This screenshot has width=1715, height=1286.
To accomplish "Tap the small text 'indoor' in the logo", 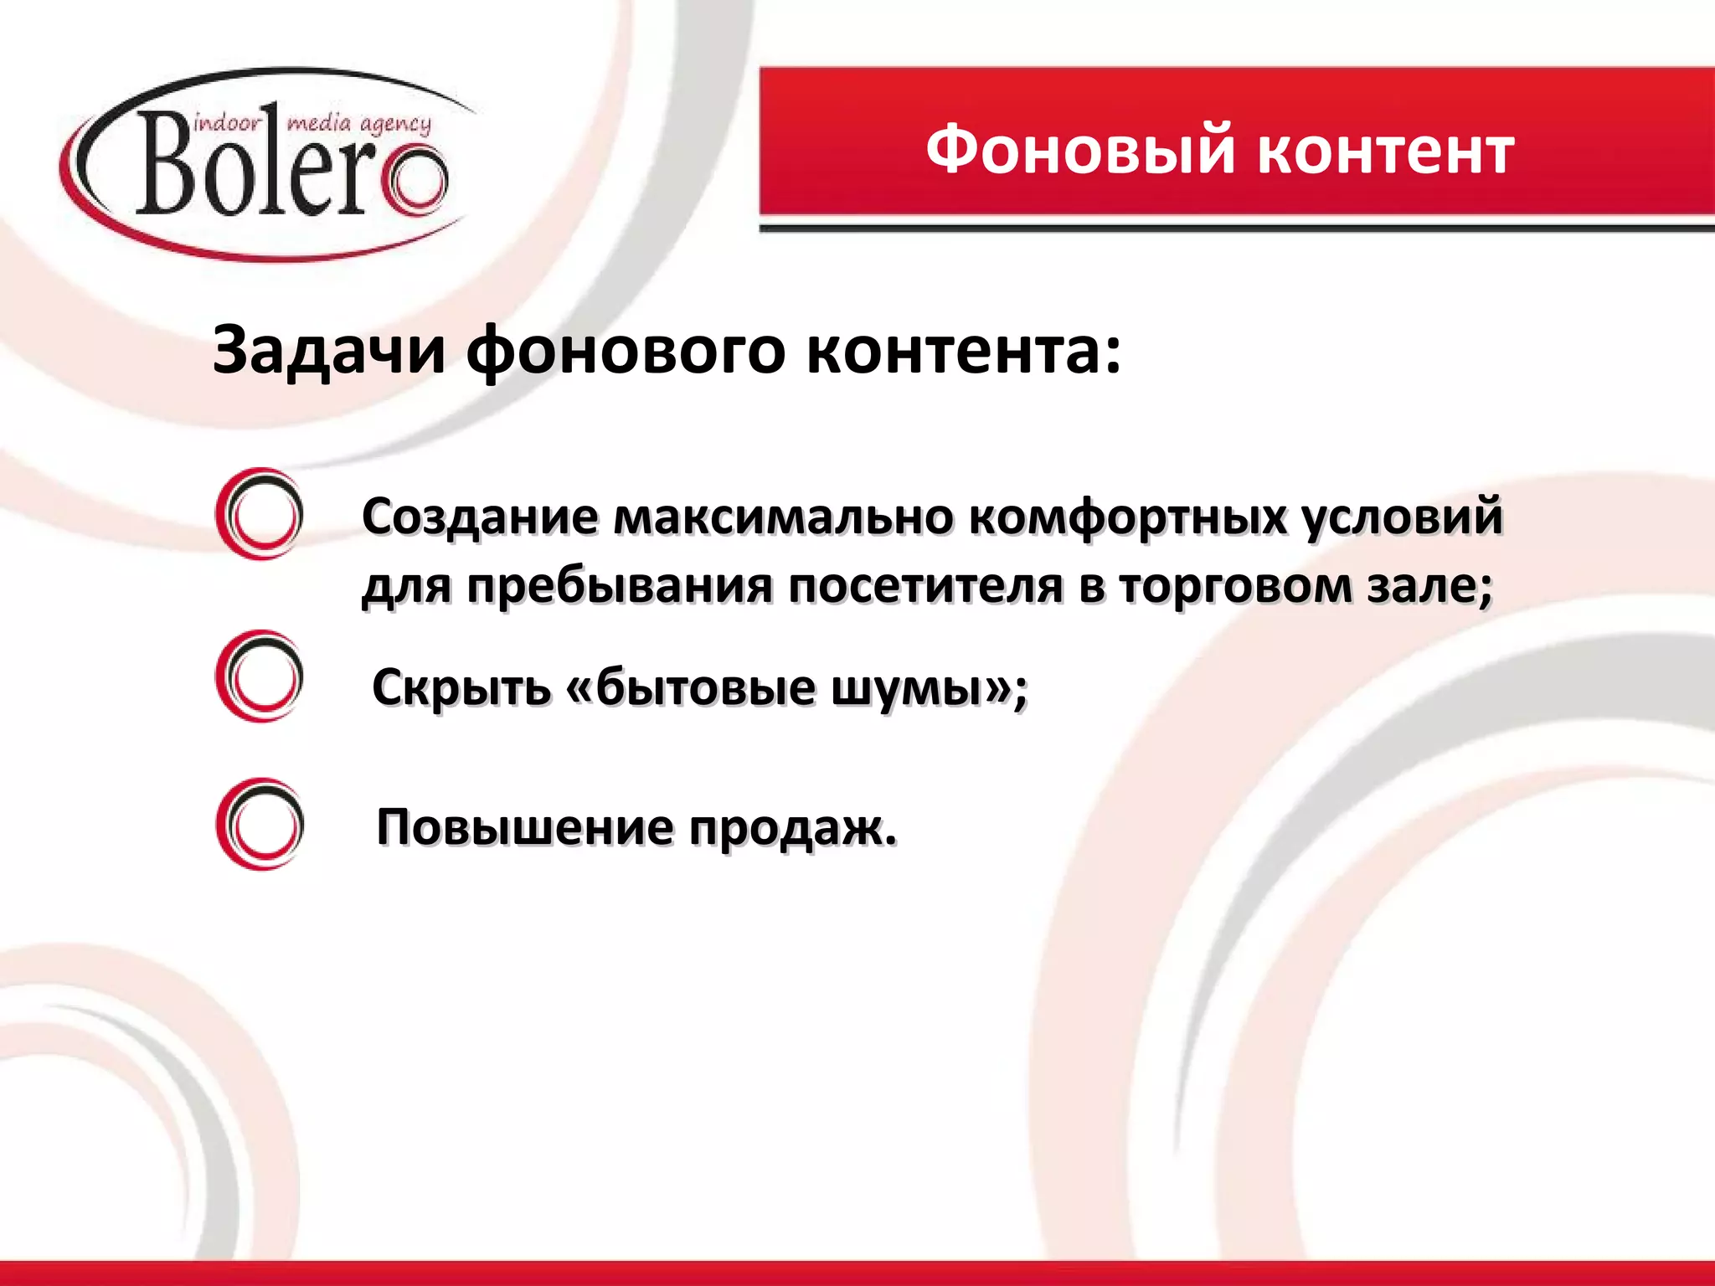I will click(x=227, y=125).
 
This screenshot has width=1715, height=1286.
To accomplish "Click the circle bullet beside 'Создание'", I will click(x=260, y=513).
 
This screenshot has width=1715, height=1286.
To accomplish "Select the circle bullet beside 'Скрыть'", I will click(x=260, y=676).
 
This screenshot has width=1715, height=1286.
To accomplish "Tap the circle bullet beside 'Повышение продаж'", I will click(x=260, y=824).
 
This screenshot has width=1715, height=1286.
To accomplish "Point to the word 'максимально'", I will click(x=782, y=516).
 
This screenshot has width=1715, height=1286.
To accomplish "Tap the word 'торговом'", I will click(x=1235, y=587).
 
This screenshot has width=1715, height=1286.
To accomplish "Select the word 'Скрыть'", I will click(x=461, y=687).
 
